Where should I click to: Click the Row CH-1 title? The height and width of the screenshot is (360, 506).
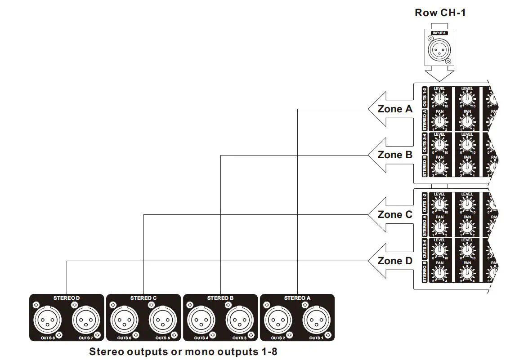[x=440, y=13]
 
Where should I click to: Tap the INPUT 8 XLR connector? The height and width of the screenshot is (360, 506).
[x=440, y=48]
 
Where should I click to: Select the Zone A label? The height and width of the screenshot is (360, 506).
[x=395, y=109]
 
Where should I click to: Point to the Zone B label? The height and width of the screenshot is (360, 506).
[x=395, y=155]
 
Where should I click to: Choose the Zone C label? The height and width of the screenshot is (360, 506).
[x=395, y=215]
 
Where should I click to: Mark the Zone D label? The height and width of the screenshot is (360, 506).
[x=395, y=261]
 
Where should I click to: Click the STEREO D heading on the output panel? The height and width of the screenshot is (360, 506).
[x=67, y=298]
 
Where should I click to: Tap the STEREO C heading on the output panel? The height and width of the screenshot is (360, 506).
[x=143, y=298]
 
